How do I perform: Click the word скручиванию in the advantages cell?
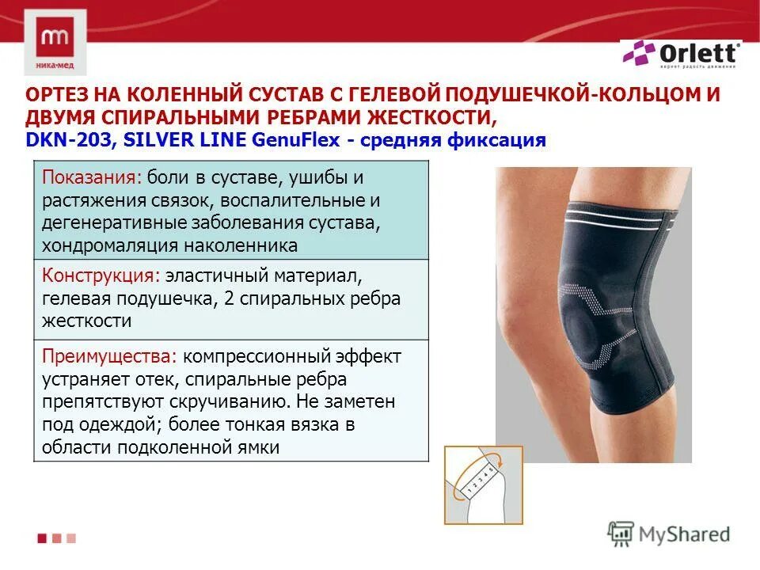click(251, 401)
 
